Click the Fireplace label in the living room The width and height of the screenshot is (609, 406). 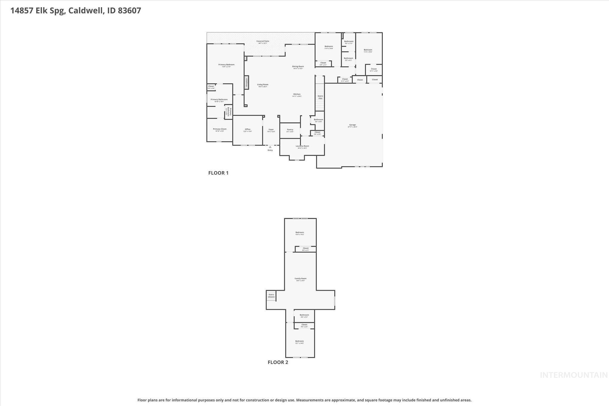247,83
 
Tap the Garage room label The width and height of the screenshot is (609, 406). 352,125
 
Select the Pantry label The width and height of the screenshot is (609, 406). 290,130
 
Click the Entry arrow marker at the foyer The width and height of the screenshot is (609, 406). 270,147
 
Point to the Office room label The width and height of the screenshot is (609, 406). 247,129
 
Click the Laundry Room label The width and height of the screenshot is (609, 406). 302,146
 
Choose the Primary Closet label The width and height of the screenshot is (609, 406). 219,129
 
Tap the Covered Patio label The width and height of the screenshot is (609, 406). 263,41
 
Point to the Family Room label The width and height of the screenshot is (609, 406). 300,279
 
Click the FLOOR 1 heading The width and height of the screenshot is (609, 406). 218,173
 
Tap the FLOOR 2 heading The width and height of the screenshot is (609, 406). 278,362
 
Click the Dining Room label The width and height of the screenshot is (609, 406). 298,67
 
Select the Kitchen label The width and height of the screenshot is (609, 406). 297,94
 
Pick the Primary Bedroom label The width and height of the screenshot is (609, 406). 226,65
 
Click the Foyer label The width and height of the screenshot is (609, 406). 271,130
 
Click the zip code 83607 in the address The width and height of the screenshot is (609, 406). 129,11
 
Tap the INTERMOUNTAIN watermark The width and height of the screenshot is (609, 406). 574,375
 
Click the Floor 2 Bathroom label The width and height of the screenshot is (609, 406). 304,315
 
